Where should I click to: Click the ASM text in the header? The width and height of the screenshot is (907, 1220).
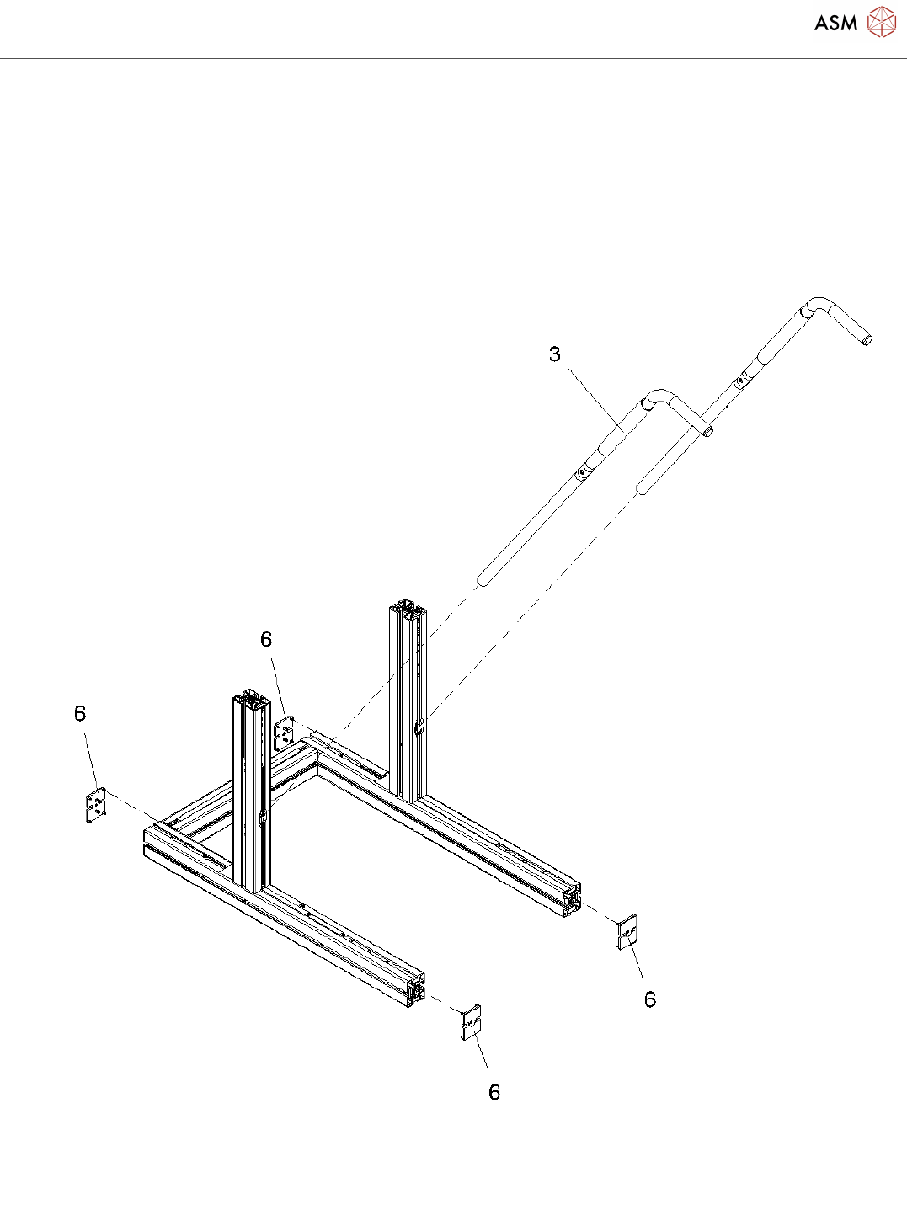click(835, 23)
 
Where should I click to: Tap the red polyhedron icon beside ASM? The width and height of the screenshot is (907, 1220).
click(881, 22)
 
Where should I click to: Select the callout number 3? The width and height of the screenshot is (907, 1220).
click(555, 354)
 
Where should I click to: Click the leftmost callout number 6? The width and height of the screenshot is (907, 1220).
click(80, 713)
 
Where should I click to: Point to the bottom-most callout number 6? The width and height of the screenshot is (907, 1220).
click(494, 1092)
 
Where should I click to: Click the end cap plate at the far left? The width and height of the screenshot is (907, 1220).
click(96, 805)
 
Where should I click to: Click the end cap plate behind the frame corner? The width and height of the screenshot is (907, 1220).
click(285, 733)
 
